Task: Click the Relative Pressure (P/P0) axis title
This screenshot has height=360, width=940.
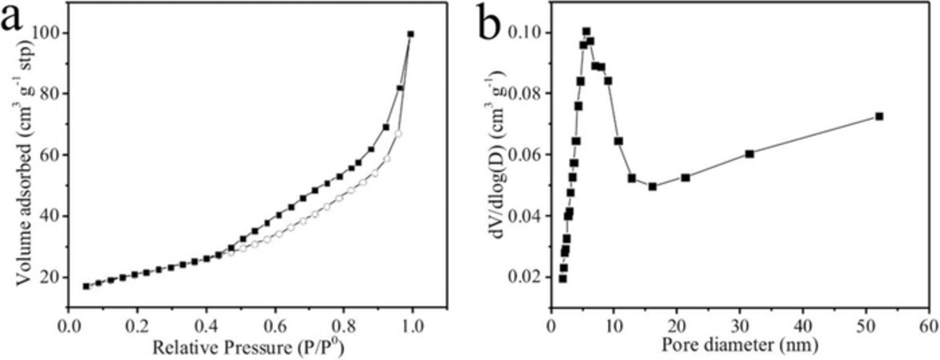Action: pos(248,346)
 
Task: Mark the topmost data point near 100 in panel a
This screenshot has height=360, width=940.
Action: pos(410,34)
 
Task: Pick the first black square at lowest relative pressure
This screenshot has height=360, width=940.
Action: pos(86,286)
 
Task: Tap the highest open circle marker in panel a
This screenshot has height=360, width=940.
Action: pos(398,134)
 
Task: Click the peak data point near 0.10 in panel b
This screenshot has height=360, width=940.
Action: pos(586,31)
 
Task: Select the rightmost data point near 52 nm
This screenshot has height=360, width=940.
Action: pos(879,116)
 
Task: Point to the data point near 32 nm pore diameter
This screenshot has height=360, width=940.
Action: pos(750,154)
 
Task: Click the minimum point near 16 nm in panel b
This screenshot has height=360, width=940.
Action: pos(652,186)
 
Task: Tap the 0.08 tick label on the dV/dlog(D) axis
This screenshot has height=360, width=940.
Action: pos(525,94)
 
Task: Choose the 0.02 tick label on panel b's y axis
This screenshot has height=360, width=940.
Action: pos(525,277)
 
